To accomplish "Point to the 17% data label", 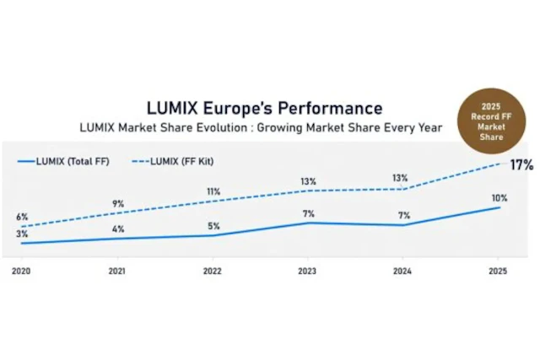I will click(521, 165).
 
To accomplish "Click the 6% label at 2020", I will click(22, 217).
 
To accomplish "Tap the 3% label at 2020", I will click(22, 234).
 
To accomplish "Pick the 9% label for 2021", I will click(118, 203).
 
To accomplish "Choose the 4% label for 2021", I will click(118, 228).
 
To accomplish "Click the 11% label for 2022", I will click(213, 191).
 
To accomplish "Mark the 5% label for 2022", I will click(213, 226).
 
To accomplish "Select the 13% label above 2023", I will click(308, 181).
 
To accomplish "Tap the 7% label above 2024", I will click(402, 215).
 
